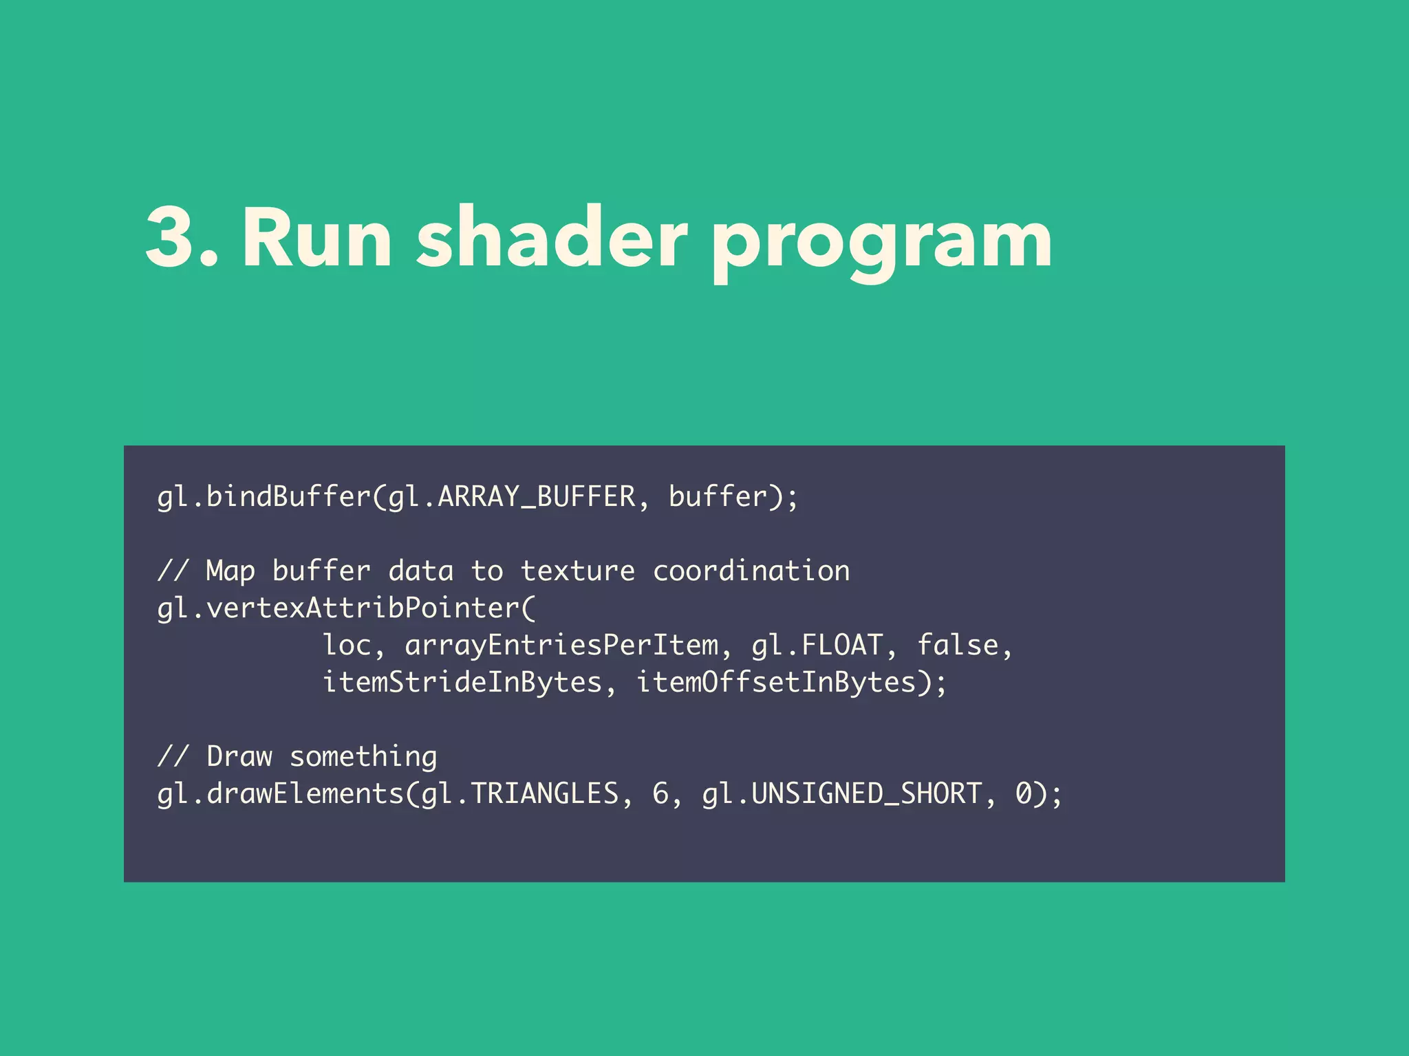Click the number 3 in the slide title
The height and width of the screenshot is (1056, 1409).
(x=173, y=237)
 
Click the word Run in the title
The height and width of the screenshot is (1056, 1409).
(x=316, y=237)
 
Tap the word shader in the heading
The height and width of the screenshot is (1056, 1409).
(x=551, y=237)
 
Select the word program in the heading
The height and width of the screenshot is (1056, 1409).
(x=881, y=244)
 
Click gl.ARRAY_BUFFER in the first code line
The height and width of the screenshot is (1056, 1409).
(x=512, y=497)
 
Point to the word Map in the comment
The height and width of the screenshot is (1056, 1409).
(x=230, y=571)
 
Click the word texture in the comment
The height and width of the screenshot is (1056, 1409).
(x=577, y=571)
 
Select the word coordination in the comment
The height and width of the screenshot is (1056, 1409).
(x=751, y=571)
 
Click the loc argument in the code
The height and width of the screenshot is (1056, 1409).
(x=347, y=646)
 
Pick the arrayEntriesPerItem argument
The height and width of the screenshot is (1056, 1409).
(x=561, y=646)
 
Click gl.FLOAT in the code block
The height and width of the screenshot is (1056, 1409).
(x=817, y=646)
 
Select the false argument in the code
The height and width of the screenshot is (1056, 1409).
(x=958, y=646)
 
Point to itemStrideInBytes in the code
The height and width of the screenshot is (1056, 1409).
(x=462, y=683)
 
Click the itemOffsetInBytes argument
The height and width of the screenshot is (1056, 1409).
(x=775, y=683)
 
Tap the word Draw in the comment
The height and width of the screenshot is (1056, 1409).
(x=239, y=757)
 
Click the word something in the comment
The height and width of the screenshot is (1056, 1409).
(x=363, y=757)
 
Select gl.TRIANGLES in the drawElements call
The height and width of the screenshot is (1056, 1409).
(x=519, y=794)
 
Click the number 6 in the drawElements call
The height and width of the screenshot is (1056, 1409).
(x=660, y=794)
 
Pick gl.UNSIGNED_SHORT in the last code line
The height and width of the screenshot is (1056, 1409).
(x=841, y=794)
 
